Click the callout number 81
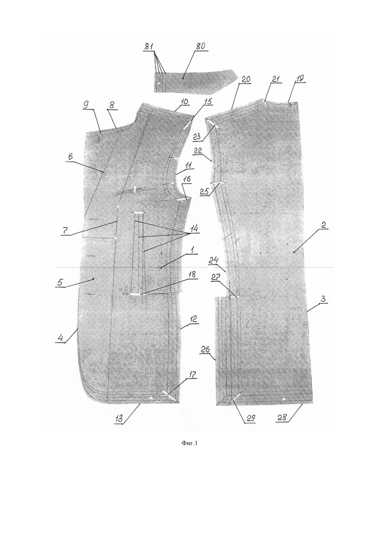pyautogui.click(x=149, y=47)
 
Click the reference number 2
pyautogui.click(x=324, y=225)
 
